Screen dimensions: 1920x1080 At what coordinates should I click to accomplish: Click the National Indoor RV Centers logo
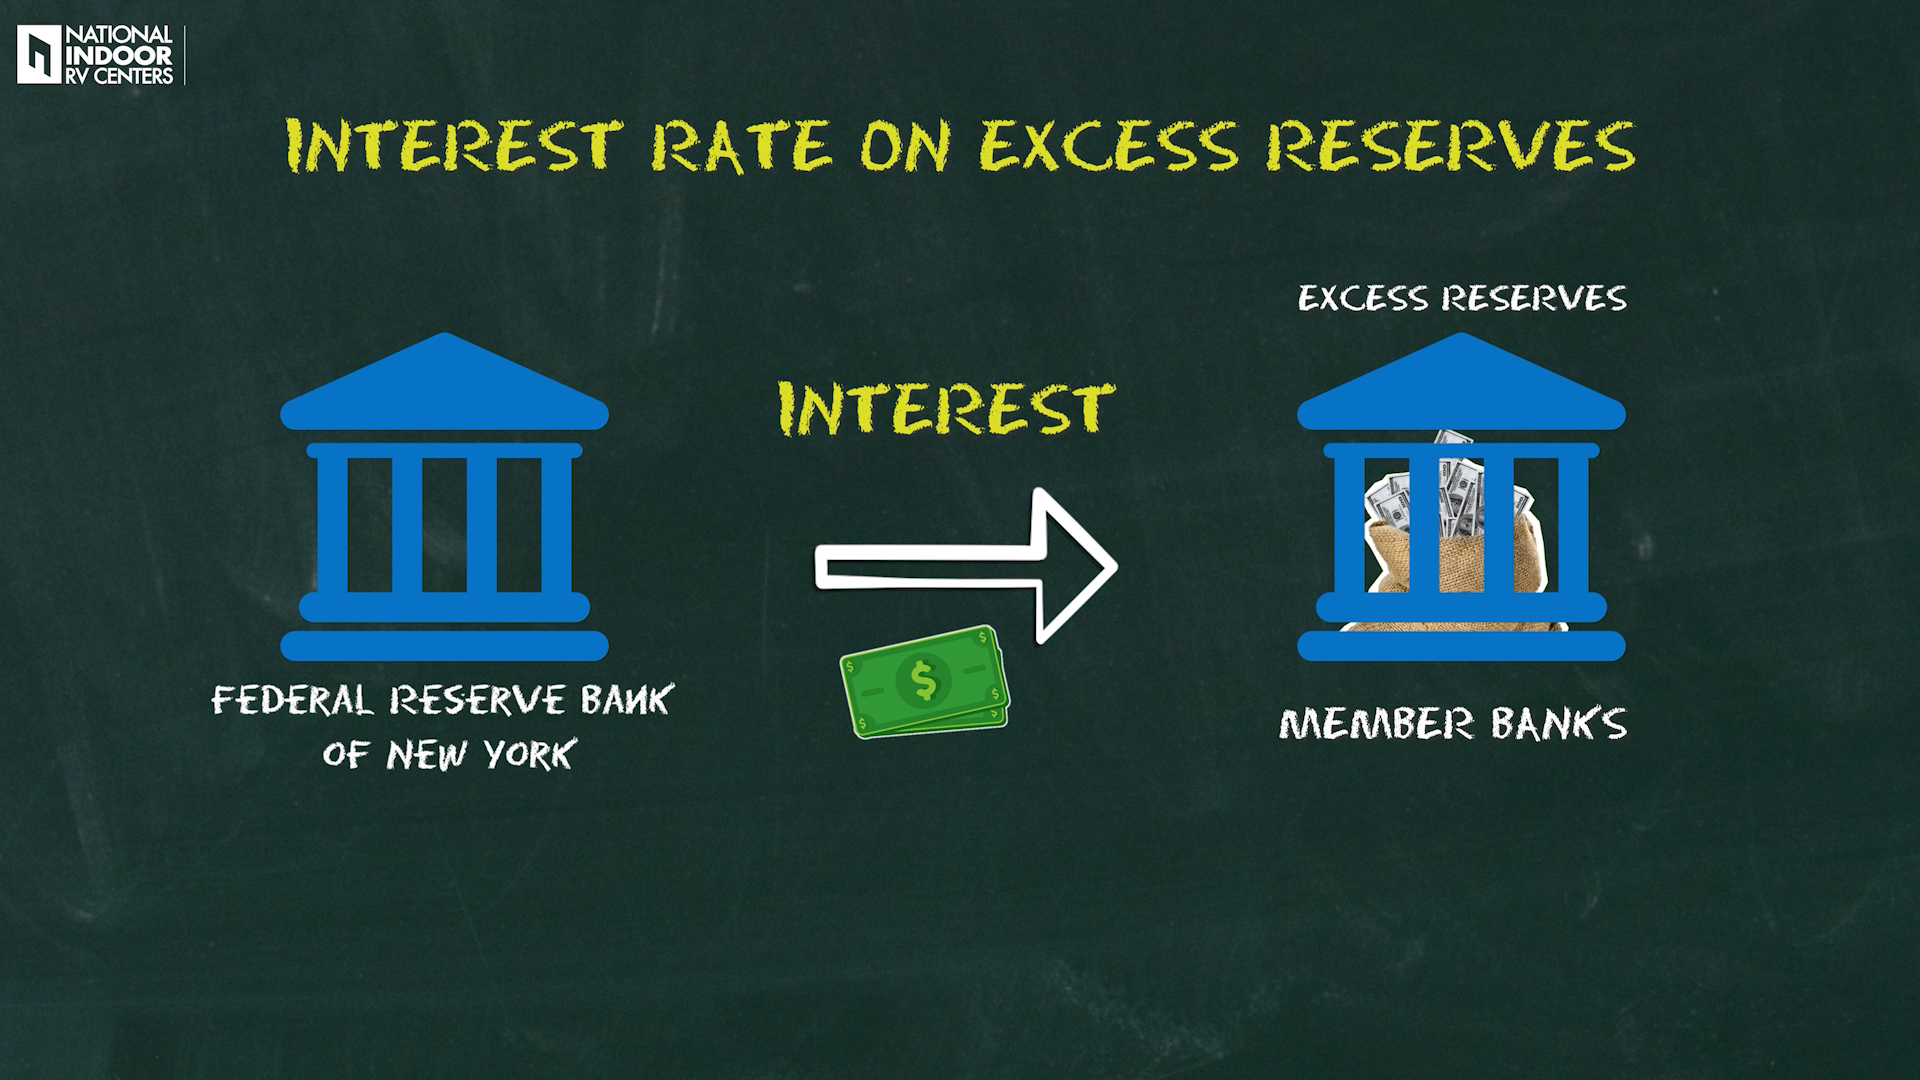click(x=96, y=56)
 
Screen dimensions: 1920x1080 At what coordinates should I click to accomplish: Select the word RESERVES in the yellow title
click(x=1450, y=147)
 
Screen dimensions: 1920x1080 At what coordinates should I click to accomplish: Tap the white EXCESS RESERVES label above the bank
click(x=1462, y=298)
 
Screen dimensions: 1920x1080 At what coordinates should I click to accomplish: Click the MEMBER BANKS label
click(x=1453, y=723)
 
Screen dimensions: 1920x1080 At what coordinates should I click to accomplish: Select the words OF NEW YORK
click(x=449, y=753)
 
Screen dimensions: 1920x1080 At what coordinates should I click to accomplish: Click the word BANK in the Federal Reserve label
click(x=624, y=699)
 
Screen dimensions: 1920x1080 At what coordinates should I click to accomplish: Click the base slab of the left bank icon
click(x=444, y=646)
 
